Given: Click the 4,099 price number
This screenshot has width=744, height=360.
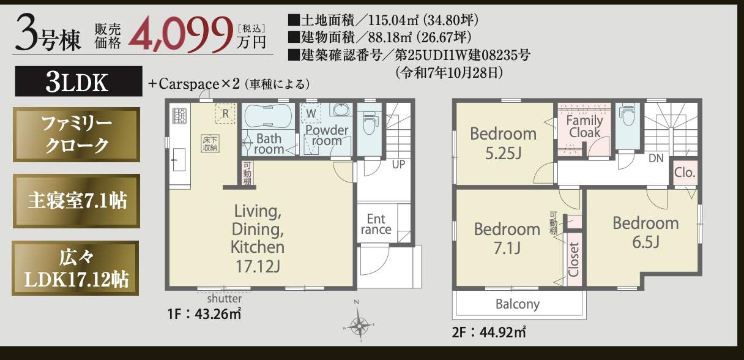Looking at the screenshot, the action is click(x=180, y=36).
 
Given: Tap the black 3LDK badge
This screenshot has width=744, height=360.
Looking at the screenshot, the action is click(x=79, y=81).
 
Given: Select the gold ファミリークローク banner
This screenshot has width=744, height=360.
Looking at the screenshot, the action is click(x=76, y=135).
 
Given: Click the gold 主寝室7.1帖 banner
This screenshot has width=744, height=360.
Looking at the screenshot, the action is click(x=76, y=201).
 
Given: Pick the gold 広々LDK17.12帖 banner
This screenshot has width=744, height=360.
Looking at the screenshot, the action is click(x=75, y=268).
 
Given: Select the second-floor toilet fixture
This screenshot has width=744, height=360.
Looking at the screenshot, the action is click(x=627, y=114).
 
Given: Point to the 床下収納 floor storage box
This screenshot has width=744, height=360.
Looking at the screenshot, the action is click(x=210, y=144).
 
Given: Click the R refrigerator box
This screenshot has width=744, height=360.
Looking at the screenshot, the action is click(x=225, y=113).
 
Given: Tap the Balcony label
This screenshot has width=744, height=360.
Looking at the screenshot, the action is click(x=518, y=304).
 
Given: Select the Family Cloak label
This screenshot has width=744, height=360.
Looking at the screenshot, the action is click(x=584, y=126).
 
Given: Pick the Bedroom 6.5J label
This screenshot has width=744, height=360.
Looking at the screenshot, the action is click(x=645, y=233).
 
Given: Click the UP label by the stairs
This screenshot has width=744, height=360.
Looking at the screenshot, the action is click(x=398, y=164).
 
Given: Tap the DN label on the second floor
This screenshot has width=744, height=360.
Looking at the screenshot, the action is click(x=656, y=159).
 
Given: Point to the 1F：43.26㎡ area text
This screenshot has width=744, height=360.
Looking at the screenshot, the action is click(x=204, y=314).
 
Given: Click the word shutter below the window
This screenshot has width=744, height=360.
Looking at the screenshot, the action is click(x=224, y=299).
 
